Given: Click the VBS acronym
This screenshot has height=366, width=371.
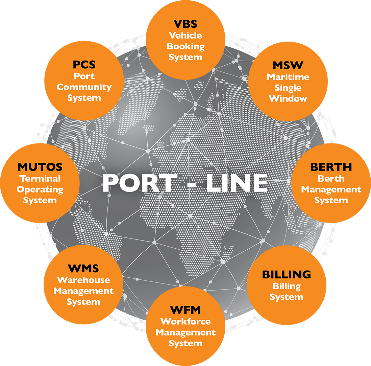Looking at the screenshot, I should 185,24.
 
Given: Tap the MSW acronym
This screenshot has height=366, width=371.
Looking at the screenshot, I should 288,66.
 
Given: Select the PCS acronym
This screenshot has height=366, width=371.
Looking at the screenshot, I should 84,64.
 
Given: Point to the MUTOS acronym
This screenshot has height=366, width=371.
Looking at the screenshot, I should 40,167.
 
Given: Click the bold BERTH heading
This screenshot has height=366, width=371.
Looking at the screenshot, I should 331,167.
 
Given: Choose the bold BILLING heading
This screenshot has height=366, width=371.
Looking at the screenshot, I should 287,275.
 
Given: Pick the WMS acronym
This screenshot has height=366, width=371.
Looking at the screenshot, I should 83,269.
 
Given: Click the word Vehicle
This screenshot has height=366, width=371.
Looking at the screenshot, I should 185,35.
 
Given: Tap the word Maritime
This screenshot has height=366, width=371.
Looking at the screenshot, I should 288,77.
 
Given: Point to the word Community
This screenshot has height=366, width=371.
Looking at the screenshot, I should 84,87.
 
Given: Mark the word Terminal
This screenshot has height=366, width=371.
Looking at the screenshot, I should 40,178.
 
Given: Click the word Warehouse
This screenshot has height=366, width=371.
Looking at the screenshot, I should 83,280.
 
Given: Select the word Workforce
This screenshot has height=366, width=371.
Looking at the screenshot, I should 185,321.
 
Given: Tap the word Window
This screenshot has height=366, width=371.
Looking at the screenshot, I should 288,99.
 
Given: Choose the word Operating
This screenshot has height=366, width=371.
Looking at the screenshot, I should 40,189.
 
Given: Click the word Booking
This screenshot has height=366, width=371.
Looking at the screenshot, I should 185,46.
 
